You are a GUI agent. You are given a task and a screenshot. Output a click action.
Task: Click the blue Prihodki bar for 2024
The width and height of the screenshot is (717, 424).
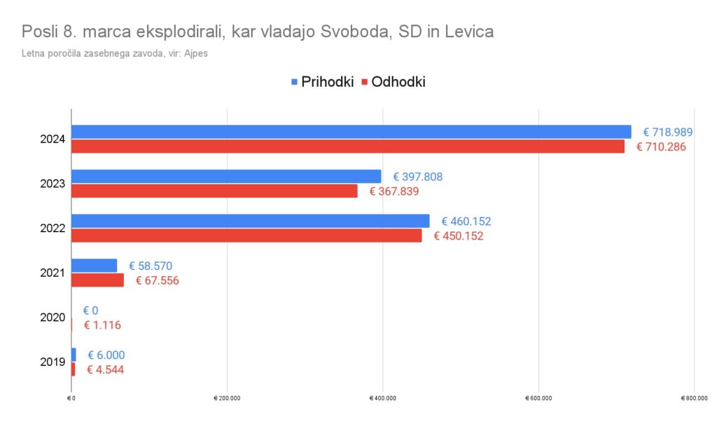pyautogui.click(x=350, y=132)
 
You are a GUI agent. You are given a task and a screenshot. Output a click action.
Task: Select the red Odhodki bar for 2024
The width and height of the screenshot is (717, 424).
pyautogui.click(x=347, y=146)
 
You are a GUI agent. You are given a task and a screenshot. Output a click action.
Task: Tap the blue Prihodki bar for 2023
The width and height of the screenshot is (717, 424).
pyautogui.click(x=226, y=176)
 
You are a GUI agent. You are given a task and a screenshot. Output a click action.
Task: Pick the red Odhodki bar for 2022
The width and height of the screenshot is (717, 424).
pyautogui.click(x=246, y=235)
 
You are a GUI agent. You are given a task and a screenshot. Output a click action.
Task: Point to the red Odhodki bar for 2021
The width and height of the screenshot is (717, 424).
pyautogui.click(x=97, y=280)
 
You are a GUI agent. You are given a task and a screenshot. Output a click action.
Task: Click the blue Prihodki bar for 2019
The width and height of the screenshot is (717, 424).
pyautogui.click(x=74, y=355)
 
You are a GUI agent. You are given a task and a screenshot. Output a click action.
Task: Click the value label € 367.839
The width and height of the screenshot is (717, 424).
pyautogui.click(x=391, y=191)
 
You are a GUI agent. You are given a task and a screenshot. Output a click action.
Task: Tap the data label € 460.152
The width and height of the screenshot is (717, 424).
pyautogui.click(x=462, y=221)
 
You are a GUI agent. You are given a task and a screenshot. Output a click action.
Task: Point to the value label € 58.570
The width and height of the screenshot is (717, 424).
pyautogui.click(x=150, y=266)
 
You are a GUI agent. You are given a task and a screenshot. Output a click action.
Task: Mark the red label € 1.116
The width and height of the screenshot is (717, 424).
pyautogui.click(x=103, y=325)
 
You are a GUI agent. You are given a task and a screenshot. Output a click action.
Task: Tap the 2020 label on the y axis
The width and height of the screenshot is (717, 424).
pyautogui.click(x=53, y=317)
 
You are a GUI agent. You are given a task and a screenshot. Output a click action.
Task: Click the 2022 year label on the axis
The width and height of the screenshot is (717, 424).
pyautogui.click(x=53, y=228)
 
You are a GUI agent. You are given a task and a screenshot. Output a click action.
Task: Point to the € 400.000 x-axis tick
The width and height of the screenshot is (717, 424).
pyautogui.click(x=382, y=398)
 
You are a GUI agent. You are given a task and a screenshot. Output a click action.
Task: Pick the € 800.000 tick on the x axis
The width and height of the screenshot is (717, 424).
pyautogui.click(x=694, y=398)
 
